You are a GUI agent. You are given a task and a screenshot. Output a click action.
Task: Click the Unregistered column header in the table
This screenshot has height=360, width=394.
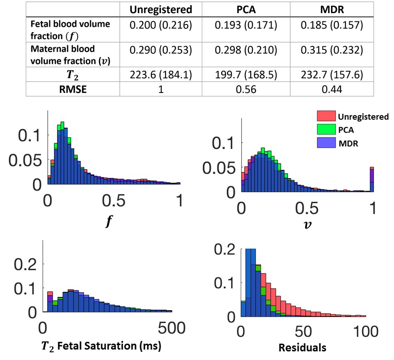[161, 10]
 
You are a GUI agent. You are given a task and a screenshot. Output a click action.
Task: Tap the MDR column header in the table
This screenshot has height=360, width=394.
[332, 10]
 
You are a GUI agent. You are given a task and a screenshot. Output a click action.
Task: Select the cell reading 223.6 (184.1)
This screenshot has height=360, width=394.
[161, 74]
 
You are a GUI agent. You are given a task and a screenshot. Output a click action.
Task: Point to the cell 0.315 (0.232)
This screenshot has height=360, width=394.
[332, 50]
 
